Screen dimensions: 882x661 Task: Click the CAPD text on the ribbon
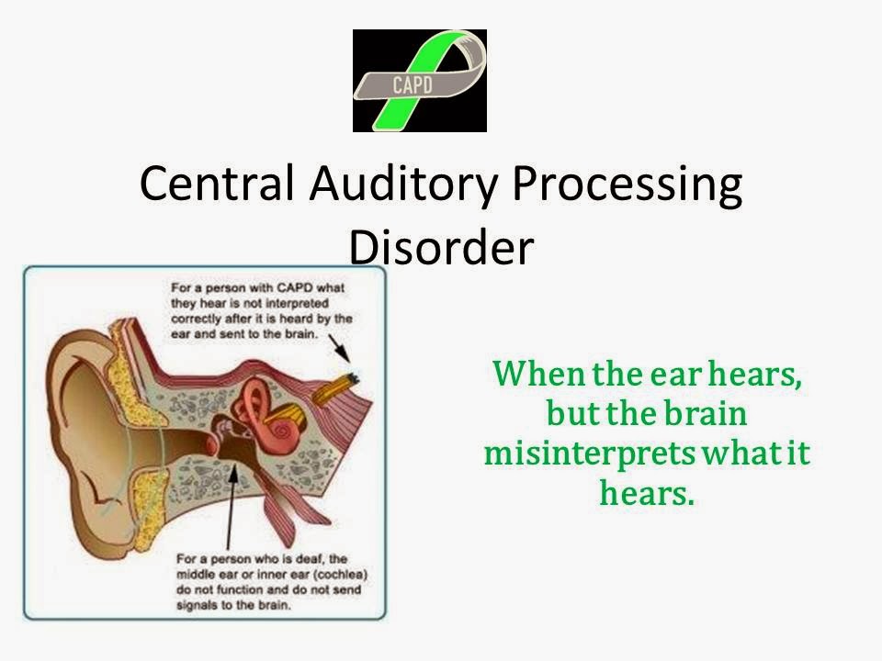pos(413,84)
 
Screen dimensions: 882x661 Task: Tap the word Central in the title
pos(217,183)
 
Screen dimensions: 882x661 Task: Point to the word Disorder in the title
pos(442,246)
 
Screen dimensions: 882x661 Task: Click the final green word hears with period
pos(647,492)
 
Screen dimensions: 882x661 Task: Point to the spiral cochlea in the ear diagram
pos(279,431)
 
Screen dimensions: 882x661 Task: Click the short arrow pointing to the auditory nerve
pos(339,348)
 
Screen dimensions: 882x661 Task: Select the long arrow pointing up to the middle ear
pos(232,507)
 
